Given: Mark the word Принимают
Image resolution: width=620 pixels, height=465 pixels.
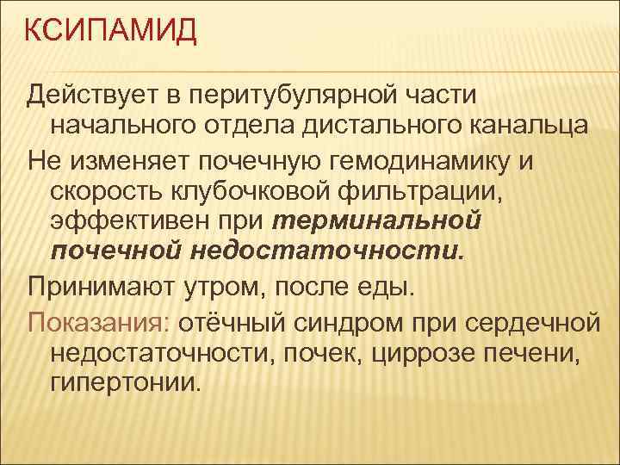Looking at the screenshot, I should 96,284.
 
